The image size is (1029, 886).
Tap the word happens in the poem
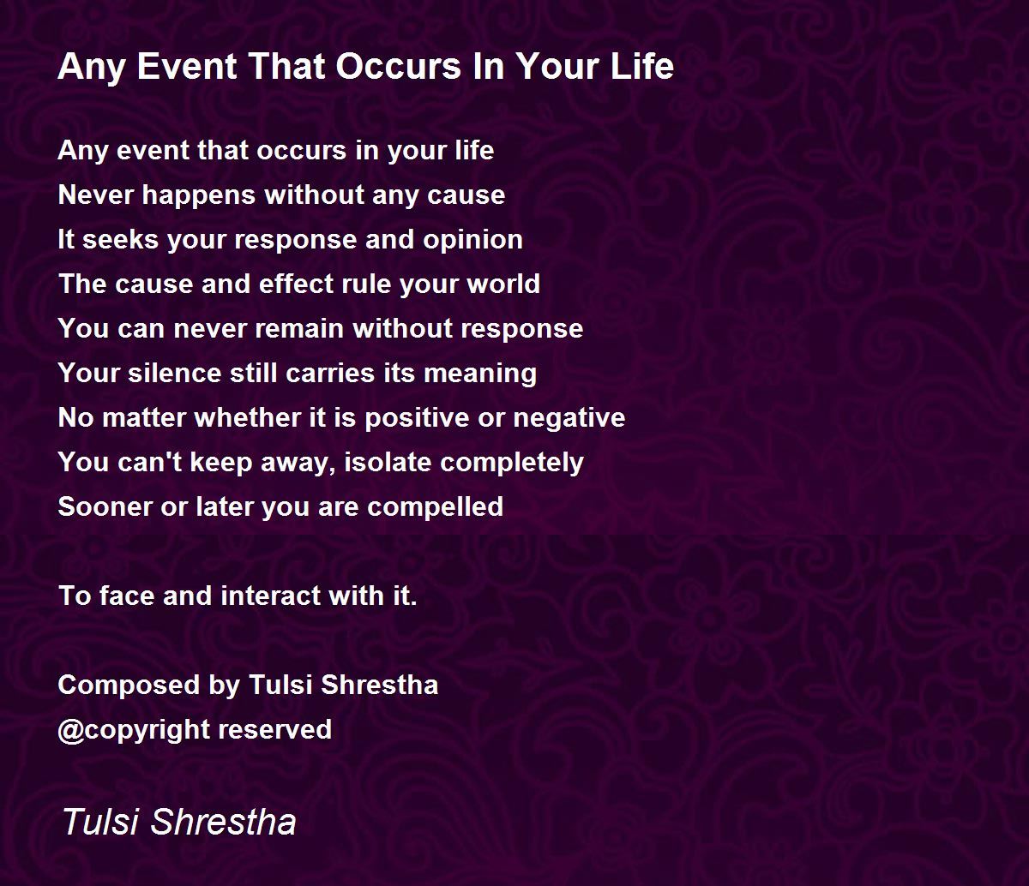(x=199, y=195)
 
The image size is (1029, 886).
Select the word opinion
(x=473, y=240)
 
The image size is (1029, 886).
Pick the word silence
(x=174, y=373)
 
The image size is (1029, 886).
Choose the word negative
(x=569, y=418)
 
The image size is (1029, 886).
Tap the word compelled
(x=435, y=508)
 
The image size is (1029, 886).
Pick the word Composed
(x=129, y=686)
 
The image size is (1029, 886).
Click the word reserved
(x=274, y=730)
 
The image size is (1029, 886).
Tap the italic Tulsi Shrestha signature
(x=179, y=822)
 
